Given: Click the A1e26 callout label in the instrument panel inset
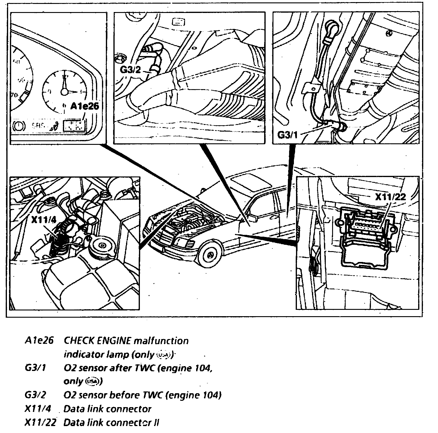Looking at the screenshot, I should pos(85,106).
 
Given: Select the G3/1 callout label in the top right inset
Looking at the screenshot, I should pos(287,135).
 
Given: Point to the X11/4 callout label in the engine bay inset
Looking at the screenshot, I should pos(44,220).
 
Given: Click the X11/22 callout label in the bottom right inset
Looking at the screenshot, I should pos(390,197).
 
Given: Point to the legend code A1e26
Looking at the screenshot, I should pos(39,341).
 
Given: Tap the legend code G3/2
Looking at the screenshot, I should pos(35,395).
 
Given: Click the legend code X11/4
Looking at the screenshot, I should pos(38,409).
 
